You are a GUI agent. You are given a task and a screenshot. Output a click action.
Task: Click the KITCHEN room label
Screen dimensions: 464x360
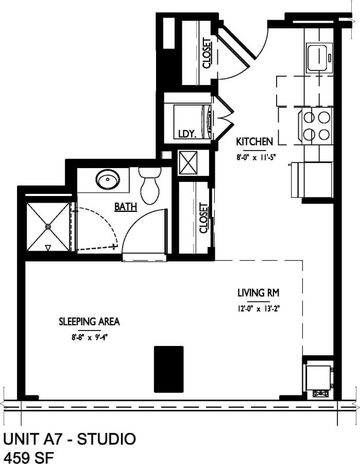pos(254,141)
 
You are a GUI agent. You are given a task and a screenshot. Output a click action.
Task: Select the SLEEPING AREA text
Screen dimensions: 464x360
pos(89,321)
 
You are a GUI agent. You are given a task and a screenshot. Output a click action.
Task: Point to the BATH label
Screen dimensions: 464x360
pos(126,207)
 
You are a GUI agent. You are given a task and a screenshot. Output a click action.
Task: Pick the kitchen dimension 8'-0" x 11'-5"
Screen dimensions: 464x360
pos(253,158)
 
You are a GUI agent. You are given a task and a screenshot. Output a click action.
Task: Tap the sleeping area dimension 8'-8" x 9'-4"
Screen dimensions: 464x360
pos(89,337)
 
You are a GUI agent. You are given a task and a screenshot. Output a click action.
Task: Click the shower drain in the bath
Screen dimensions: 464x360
pos(48,226)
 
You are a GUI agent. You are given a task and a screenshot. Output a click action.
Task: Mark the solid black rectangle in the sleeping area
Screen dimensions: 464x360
pos(168,369)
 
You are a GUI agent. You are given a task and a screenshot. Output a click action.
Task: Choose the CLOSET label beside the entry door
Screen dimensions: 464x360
pos(207,53)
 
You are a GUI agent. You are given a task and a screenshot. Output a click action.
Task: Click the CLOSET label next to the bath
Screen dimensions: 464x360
pos(203,218)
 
